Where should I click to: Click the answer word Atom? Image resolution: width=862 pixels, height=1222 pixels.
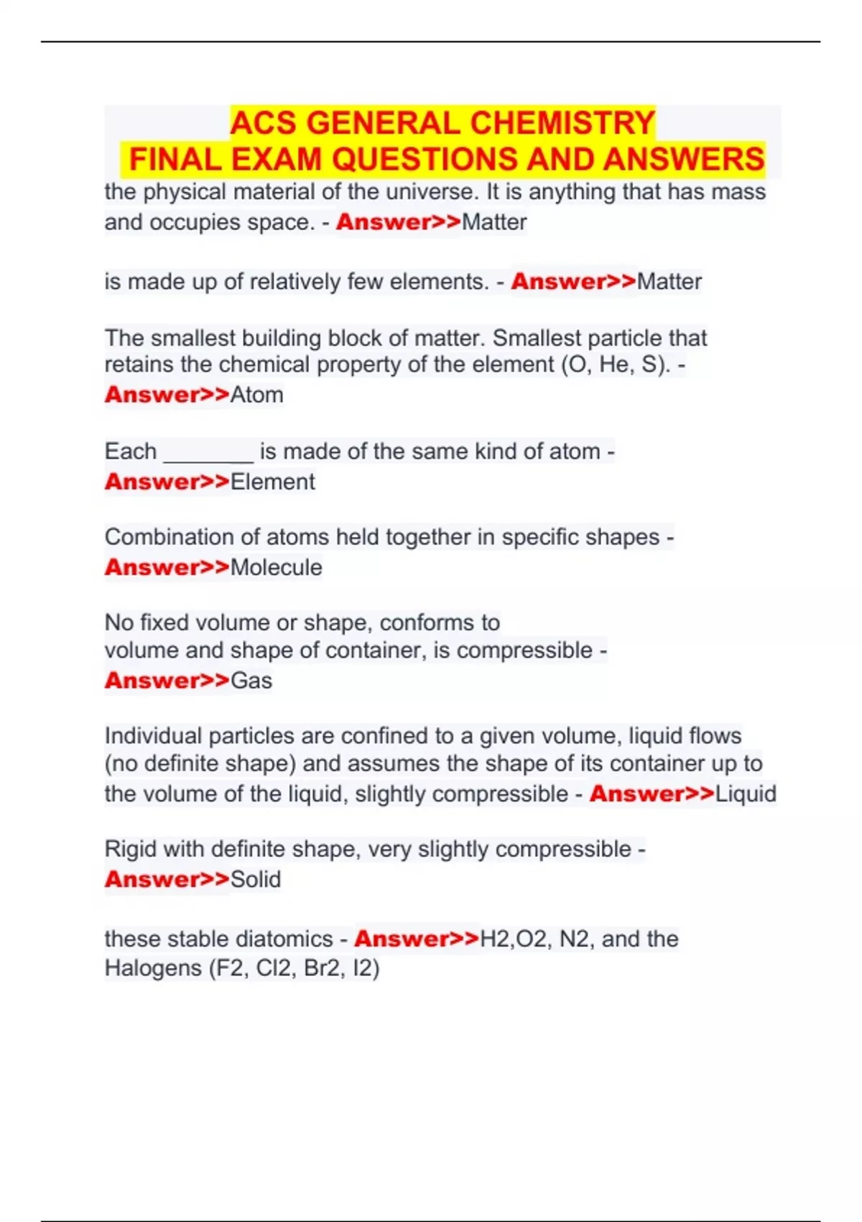(256, 395)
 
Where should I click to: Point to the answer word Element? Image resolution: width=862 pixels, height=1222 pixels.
(272, 482)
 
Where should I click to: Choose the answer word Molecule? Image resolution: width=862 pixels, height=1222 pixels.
(276, 567)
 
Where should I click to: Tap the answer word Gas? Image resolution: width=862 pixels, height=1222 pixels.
(251, 680)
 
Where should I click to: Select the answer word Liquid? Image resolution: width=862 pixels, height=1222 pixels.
(746, 794)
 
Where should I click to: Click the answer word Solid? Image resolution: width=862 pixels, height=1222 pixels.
(255, 879)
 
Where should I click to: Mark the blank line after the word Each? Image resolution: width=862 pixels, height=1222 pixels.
(208, 453)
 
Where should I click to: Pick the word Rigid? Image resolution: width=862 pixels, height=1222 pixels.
(131, 849)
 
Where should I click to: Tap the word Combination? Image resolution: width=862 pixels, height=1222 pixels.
(170, 537)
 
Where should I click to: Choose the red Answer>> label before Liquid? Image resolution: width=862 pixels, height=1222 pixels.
(652, 794)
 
